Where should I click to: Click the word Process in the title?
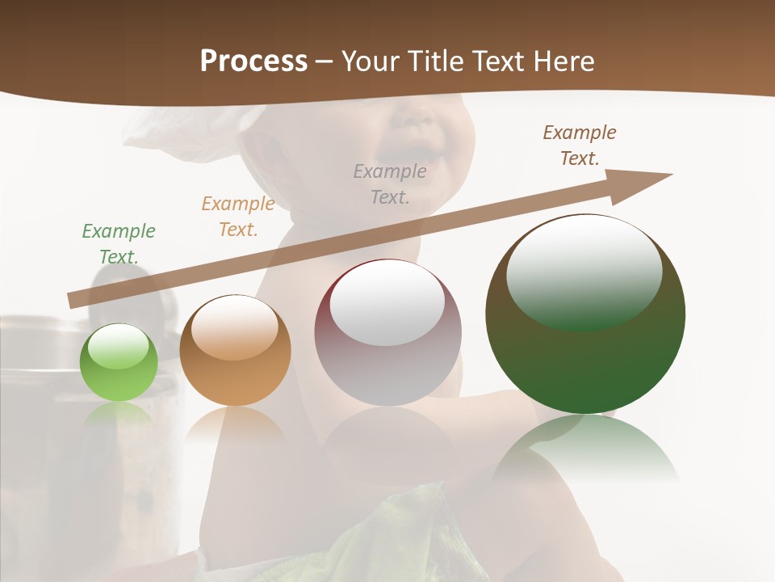click(253, 61)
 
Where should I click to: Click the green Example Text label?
click(119, 244)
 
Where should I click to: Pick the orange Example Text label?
click(238, 217)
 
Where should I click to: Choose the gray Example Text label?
click(390, 183)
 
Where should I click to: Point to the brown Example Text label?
click(580, 145)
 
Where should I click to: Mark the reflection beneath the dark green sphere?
click(585, 449)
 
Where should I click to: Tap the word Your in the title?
click(370, 61)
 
